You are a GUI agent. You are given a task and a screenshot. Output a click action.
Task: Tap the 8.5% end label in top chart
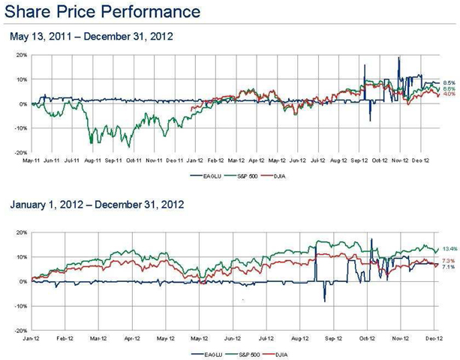coord(449,82)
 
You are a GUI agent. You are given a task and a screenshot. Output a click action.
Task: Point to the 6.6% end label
coord(449,88)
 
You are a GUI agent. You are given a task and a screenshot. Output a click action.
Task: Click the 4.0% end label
coord(449,94)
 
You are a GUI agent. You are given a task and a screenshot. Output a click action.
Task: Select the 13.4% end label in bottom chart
coord(450,248)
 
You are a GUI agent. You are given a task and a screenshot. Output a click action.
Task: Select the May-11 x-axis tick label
coord(31,160)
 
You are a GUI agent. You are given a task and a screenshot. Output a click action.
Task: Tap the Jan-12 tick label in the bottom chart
coord(31,338)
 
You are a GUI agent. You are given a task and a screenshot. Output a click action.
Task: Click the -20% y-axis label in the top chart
coord(21,153)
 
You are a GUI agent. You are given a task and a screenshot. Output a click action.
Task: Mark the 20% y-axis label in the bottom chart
coord(22,232)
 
